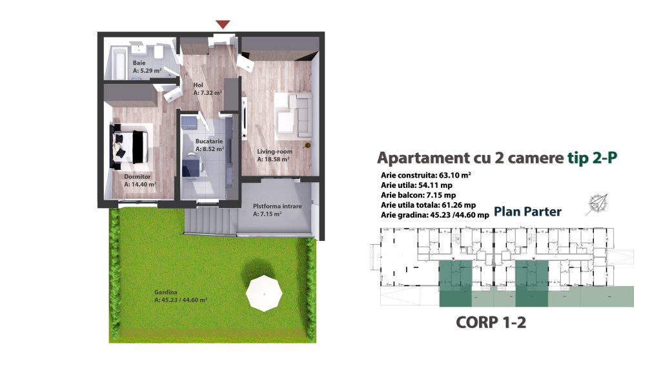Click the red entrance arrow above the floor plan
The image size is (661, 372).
pyautogui.click(x=223, y=25)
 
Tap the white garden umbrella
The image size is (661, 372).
pyautogui.click(x=264, y=293)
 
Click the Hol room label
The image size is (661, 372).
pyautogui.click(x=198, y=85)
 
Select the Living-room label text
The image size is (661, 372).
pyautogui.click(x=274, y=151)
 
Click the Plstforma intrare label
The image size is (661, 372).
pyautogui.click(x=278, y=206)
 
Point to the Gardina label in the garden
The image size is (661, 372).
pyautogui.click(x=166, y=292)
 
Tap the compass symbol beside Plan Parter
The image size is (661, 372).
pyautogui.click(x=597, y=205)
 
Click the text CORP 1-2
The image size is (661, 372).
pyautogui.click(x=491, y=323)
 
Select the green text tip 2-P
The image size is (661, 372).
pyautogui.click(x=593, y=158)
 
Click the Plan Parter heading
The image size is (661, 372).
pyautogui.click(x=527, y=211)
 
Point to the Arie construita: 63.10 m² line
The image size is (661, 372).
pyautogui.click(x=426, y=175)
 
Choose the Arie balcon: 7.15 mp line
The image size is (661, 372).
pyautogui.click(x=418, y=195)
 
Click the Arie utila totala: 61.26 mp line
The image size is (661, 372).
pyautogui.click(x=429, y=205)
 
